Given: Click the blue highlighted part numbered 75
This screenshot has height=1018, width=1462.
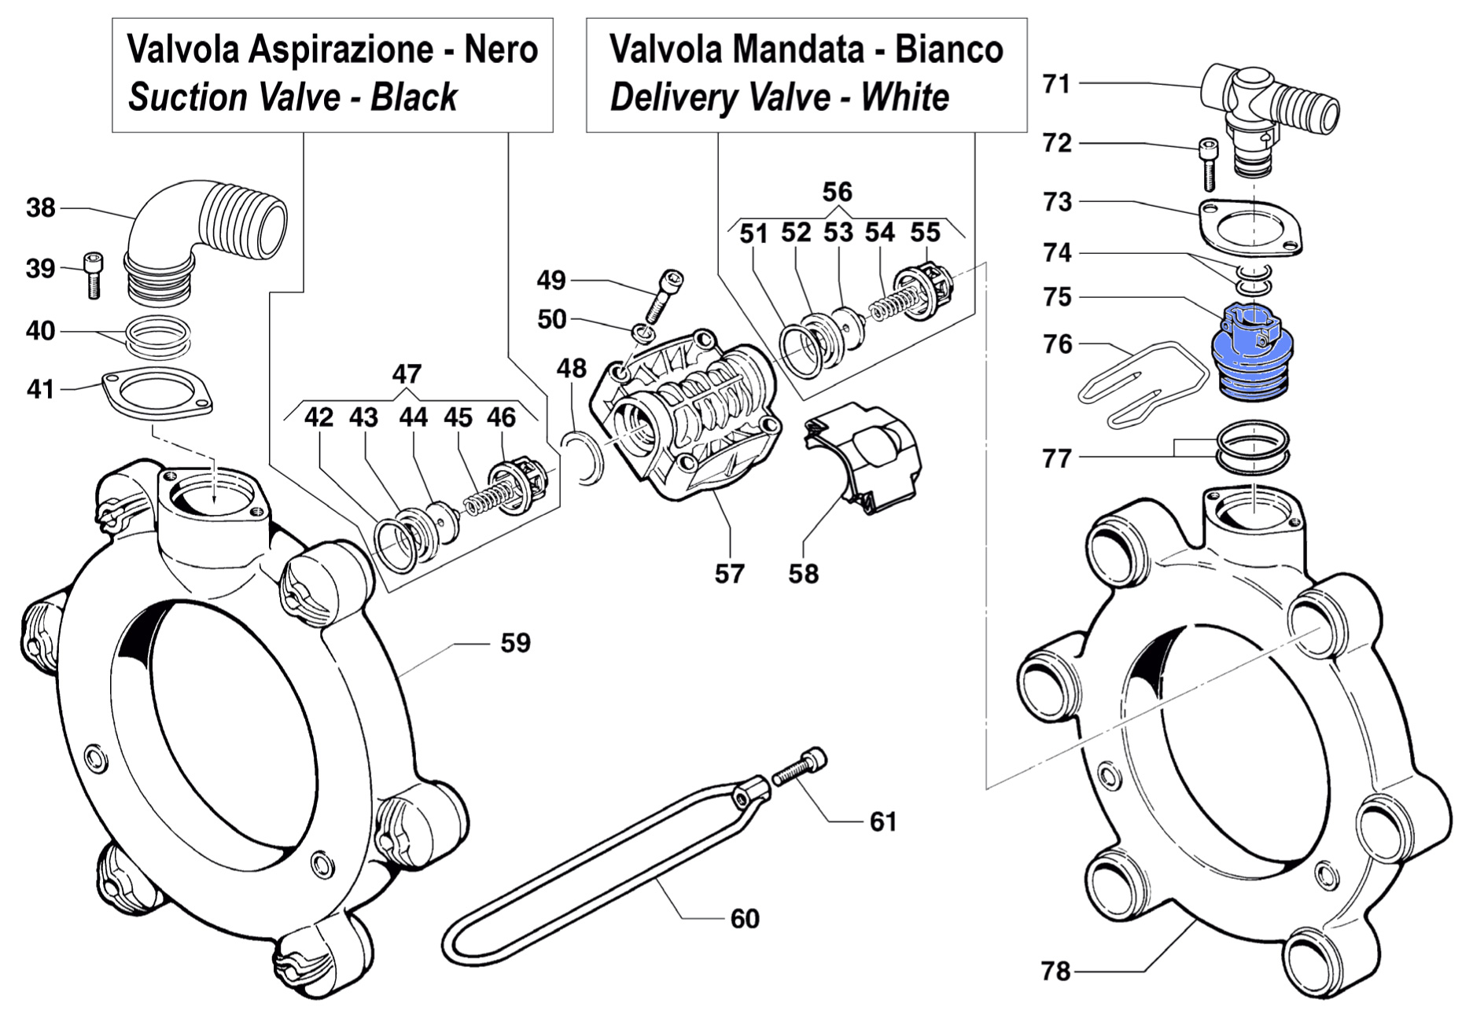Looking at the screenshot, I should [x=1254, y=354].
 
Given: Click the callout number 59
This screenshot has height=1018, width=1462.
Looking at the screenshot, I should [x=516, y=643].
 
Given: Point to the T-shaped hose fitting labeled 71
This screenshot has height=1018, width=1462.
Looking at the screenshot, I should [x=1266, y=110].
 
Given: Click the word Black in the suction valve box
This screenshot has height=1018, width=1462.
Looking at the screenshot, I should [x=414, y=97].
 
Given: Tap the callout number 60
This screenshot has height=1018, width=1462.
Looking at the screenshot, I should [x=745, y=918].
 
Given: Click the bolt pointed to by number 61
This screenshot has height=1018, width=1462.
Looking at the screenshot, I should [x=801, y=767].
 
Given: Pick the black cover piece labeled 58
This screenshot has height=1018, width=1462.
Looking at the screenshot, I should [x=865, y=456].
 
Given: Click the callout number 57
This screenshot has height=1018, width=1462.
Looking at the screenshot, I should [x=729, y=574].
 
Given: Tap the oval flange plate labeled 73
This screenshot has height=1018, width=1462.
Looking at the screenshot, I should [x=1250, y=228].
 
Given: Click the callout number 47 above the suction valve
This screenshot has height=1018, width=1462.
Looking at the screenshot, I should [x=407, y=373].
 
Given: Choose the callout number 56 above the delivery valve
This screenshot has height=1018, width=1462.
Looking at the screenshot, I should [x=837, y=192].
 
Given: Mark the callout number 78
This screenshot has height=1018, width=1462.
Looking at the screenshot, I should [x=1056, y=972].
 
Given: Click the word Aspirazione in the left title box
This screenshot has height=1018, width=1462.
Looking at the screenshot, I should [x=340, y=50].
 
